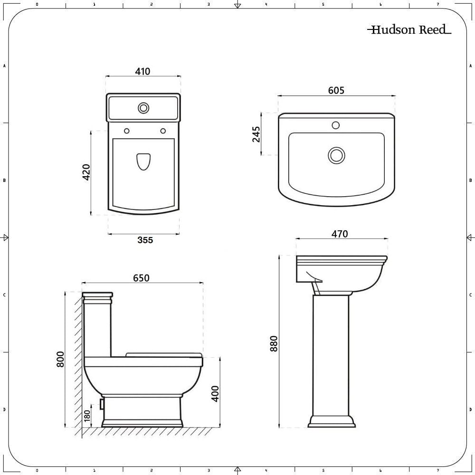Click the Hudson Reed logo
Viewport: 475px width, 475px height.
pyautogui.click(x=409, y=29)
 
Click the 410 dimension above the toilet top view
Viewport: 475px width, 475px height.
pyautogui.click(x=142, y=72)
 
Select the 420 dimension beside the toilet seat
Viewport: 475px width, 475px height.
pyautogui.click(x=86, y=172)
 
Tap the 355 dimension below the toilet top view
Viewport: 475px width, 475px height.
pyautogui.click(x=145, y=240)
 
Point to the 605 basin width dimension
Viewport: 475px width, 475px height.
pyautogui.click(x=336, y=90)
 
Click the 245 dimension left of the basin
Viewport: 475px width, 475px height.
pyautogui.click(x=256, y=134)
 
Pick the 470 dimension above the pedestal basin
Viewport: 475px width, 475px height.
pyautogui.click(x=340, y=234)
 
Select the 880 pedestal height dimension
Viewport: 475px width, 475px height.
pyautogui.click(x=274, y=343)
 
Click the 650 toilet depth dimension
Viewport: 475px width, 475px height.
pyautogui.click(x=141, y=278)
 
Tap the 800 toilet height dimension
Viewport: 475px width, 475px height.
pyautogui.click(x=60, y=359)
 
